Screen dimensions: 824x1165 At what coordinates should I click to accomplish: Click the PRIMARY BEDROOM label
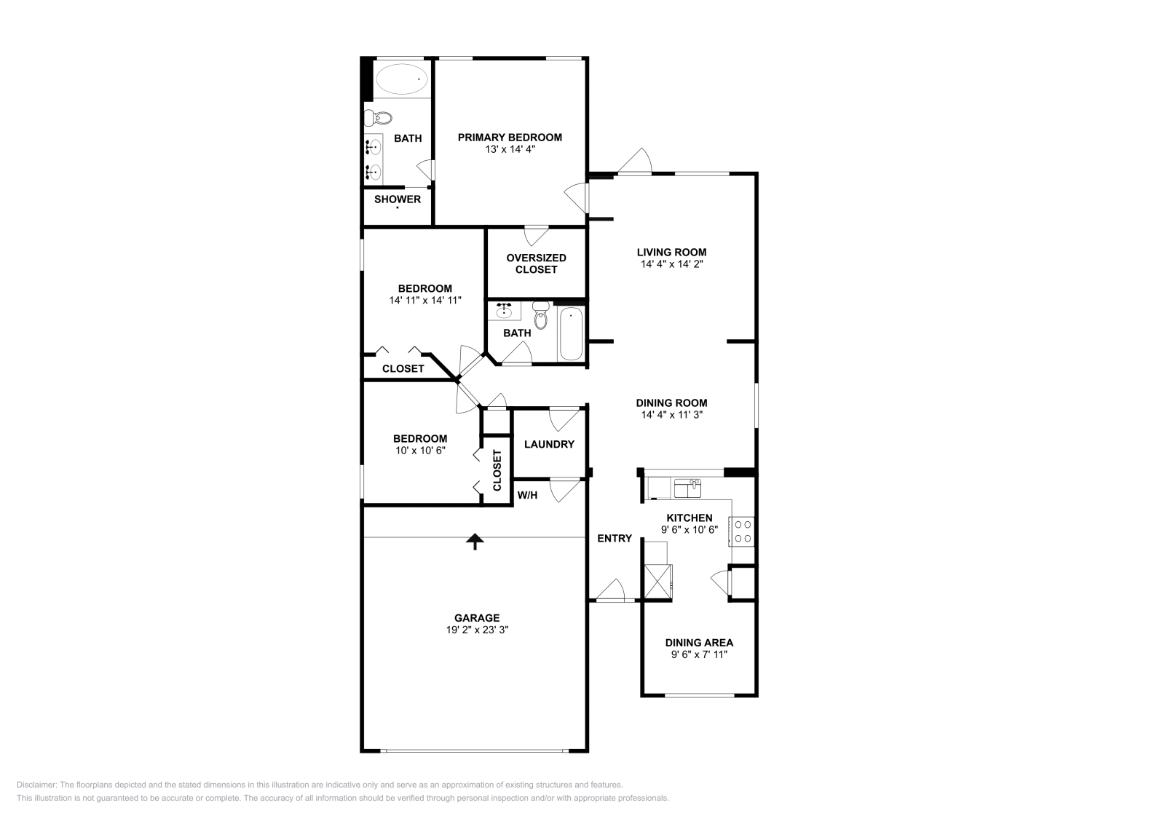[510, 137]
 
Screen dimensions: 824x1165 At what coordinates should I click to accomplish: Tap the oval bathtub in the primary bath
[401, 79]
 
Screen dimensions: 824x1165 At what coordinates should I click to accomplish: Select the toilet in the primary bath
[379, 117]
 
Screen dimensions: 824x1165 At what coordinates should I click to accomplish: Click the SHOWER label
[398, 199]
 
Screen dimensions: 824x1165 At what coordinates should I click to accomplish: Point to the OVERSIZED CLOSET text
[536, 264]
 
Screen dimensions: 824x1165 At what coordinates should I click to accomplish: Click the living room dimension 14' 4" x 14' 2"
[671, 264]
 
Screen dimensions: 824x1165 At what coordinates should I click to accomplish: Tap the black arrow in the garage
[475, 541]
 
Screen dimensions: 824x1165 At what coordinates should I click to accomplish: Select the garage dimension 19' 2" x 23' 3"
[477, 630]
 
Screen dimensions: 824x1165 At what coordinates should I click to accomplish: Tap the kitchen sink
[687, 488]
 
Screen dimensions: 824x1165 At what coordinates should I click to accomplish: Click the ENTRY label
[615, 538]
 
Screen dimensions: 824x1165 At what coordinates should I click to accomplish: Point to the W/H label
[527, 495]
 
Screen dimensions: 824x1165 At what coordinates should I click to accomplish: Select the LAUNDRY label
[549, 444]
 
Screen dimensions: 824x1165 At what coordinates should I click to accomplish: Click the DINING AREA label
[699, 643]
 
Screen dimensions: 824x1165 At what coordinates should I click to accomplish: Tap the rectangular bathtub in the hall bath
[571, 334]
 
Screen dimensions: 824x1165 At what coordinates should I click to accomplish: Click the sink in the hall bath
[504, 312]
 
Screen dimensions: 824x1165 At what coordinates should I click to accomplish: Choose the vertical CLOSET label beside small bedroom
[497, 470]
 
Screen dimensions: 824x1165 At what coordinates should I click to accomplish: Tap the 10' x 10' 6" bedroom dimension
[420, 451]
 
